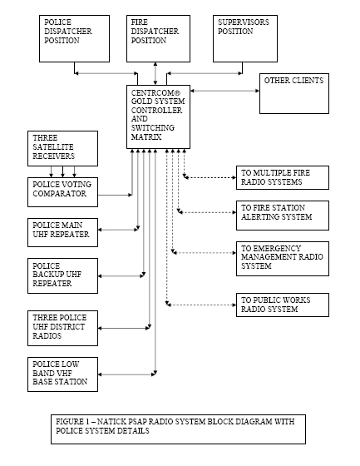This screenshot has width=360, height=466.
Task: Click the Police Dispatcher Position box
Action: (x=74, y=38)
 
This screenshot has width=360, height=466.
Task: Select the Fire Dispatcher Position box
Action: (x=158, y=38)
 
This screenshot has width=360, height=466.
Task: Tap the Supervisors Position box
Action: (x=245, y=38)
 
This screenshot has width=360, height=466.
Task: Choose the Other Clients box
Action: (x=294, y=93)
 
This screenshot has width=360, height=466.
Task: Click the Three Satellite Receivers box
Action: (x=62, y=148)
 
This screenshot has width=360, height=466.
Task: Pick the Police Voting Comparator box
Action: (x=62, y=192)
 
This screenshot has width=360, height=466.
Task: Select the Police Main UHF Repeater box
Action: (x=62, y=232)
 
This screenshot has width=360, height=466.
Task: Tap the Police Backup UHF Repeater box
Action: (x=62, y=275)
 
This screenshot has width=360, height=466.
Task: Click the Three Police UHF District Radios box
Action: (x=62, y=328)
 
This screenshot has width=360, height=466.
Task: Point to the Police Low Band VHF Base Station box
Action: (x=62, y=374)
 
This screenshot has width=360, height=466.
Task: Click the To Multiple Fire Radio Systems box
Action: (x=283, y=178)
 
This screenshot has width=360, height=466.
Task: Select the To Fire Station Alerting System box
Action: (x=283, y=216)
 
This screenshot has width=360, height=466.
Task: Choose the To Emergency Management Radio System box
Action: (x=283, y=259)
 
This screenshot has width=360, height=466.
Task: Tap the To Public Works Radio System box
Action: (x=283, y=305)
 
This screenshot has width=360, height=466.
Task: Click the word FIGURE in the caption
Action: (x=70, y=421)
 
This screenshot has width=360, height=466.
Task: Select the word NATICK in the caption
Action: (x=111, y=421)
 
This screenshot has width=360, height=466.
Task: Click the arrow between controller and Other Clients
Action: (x=224, y=91)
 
